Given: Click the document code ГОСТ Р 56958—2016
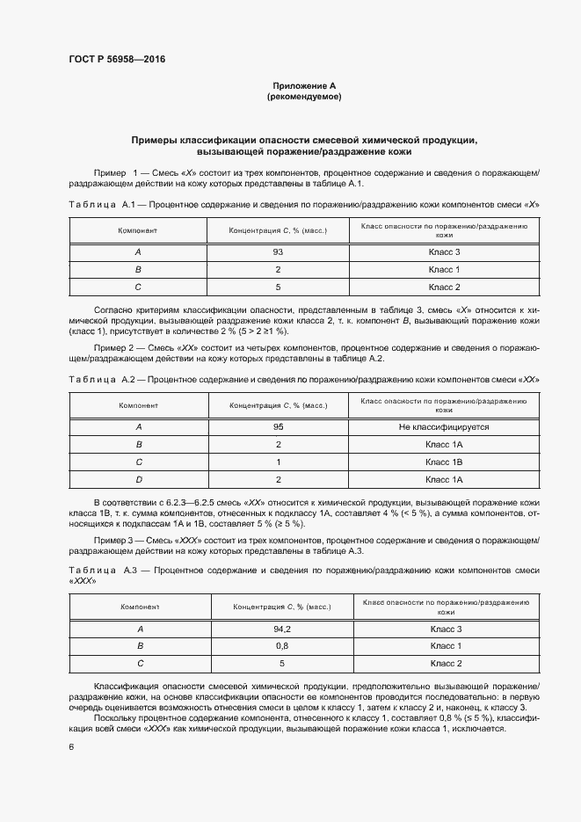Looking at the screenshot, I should point(117,60).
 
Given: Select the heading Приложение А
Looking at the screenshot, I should point(303,86).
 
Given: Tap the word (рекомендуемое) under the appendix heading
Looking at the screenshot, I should point(303,97).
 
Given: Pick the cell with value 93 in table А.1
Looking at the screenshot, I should point(278,252).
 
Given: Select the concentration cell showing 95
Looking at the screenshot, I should point(278,427).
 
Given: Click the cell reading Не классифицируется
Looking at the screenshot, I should point(444,427).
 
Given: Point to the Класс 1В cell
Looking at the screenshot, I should point(444,462).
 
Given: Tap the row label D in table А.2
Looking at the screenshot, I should point(138,479).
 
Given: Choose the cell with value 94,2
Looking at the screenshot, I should point(280,629).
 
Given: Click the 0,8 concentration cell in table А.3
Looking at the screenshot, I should point(280,646).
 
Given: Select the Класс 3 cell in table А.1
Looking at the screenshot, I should point(444,252).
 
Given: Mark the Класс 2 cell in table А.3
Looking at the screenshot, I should point(444,663).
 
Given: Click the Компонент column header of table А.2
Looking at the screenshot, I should point(138,406).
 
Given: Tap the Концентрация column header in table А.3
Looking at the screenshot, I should point(280,607).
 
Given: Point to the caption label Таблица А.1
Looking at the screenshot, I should point(101,204).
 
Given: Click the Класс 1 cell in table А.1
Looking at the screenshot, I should point(444,269).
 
